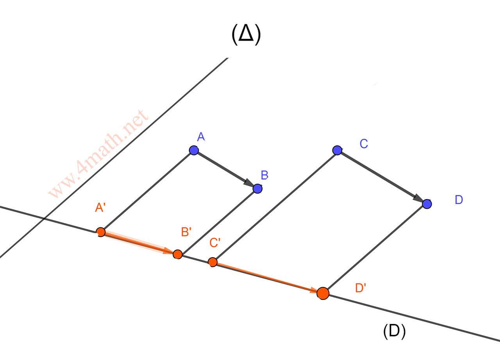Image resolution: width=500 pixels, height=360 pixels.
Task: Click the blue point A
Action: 194,150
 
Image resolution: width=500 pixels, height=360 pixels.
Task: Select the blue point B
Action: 257,188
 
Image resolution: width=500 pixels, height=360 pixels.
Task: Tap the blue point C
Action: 337,150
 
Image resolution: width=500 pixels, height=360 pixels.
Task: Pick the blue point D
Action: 427,204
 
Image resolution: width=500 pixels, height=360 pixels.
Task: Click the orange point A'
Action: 101,232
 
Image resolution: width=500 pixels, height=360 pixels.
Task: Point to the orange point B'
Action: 178,254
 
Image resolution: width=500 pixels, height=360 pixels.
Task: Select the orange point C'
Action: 212,262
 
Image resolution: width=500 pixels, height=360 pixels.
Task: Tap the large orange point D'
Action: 323,293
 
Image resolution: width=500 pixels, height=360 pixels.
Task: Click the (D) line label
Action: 394,331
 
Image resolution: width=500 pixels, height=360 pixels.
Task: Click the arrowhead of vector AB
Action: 249,183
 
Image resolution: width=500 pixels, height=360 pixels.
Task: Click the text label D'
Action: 360,288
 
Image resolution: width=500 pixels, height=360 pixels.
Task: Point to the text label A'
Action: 100,207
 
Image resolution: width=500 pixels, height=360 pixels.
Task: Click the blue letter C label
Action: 364,144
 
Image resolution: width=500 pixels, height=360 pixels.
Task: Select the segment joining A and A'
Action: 147,191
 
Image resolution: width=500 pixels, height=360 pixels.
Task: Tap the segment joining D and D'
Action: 375,248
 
